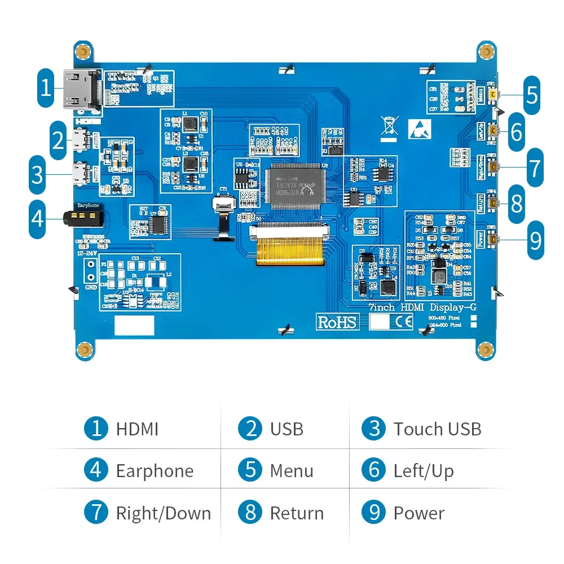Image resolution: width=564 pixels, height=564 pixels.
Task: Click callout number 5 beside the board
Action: point(532,94)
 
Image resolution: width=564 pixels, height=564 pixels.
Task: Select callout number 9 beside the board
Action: point(535,241)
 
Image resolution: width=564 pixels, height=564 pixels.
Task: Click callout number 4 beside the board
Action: point(37,218)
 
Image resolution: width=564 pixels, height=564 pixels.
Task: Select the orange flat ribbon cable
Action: point(290,249)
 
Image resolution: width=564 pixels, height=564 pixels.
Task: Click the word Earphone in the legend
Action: point(155,471)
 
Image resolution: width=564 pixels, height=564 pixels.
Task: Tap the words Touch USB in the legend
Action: point(437,429)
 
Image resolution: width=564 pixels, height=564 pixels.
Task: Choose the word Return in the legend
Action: point(297,513)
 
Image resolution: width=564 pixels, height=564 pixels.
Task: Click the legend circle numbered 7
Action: point(96,513)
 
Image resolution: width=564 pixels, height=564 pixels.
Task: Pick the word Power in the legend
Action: point(418,513)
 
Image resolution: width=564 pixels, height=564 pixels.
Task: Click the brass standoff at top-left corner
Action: point(84,51)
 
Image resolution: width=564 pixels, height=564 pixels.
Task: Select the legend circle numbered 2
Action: point(250,429)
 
